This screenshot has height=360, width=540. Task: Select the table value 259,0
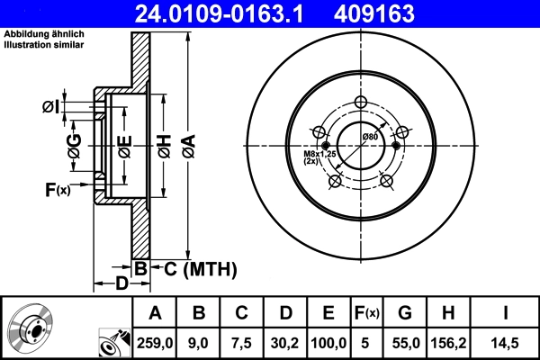point(154,341)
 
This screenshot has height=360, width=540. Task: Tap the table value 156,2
point(447,341)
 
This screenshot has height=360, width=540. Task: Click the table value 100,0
point(328,341)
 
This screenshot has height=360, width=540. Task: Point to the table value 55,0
point(404,341)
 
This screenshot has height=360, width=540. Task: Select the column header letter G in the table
point(404,313)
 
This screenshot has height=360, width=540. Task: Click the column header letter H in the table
point(447,313)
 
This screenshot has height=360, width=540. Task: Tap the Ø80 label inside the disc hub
point(370,136)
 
